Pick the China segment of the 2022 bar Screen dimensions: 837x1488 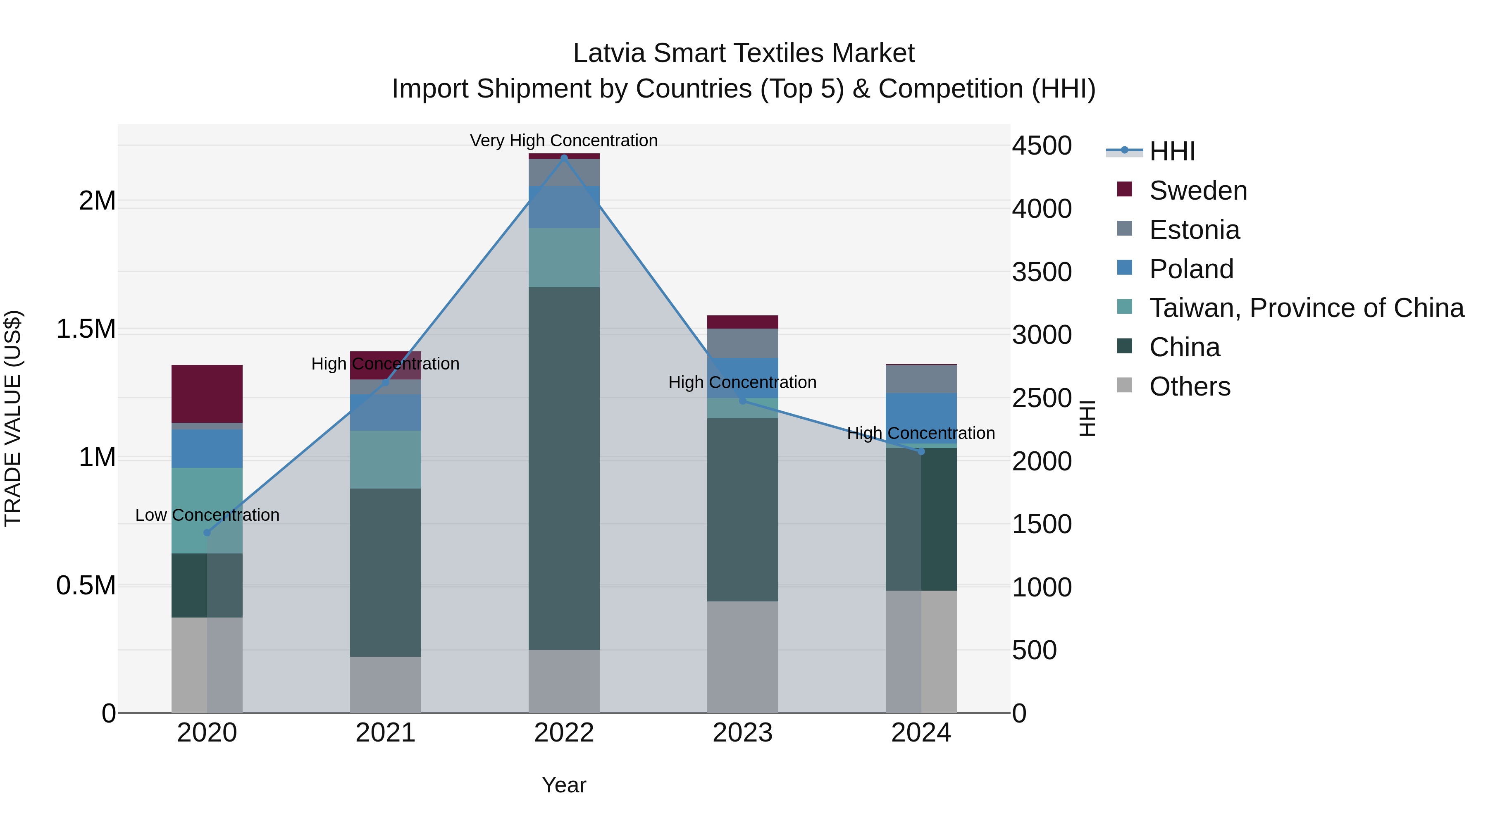(x=564, y=468)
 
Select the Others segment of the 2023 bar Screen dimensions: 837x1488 (x=742, y=657)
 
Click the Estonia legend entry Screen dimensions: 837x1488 (x=1194, y=230)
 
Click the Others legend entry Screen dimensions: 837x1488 (x=1189, y=386)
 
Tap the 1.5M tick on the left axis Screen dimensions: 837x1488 (x=86, y=329)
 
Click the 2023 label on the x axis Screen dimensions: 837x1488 (x=742, y=733)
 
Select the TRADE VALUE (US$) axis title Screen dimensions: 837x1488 (x=13, y=418)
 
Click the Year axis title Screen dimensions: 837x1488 (x=564, y=785)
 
